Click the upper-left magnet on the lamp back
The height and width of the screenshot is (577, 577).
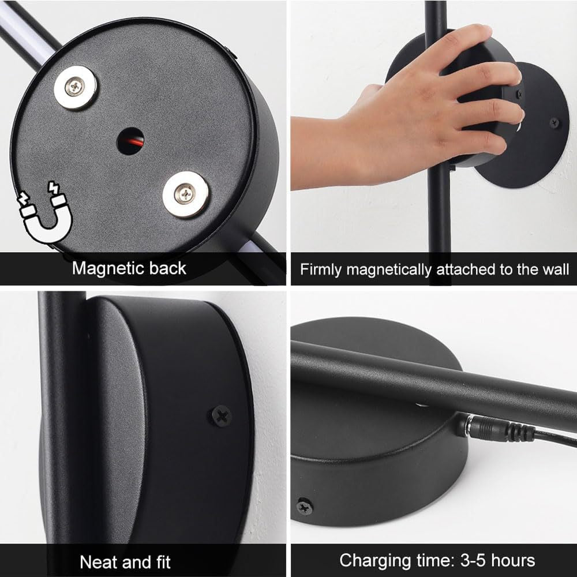point(76,88)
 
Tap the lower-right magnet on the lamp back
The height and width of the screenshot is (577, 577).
point(186,194)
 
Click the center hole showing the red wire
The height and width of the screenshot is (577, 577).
point(130,141)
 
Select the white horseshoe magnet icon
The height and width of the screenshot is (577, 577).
point(45,213)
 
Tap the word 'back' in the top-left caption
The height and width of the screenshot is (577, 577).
point(168,268)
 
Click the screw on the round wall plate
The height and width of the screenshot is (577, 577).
point(554,123)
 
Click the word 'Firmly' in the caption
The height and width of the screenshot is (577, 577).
point(321,269)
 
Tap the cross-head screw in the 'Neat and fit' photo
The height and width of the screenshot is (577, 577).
point(221,416)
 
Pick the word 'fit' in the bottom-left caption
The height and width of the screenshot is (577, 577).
point(163,562)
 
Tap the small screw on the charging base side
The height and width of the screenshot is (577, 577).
point(304,507)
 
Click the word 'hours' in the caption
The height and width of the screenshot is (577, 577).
point(513,561)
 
